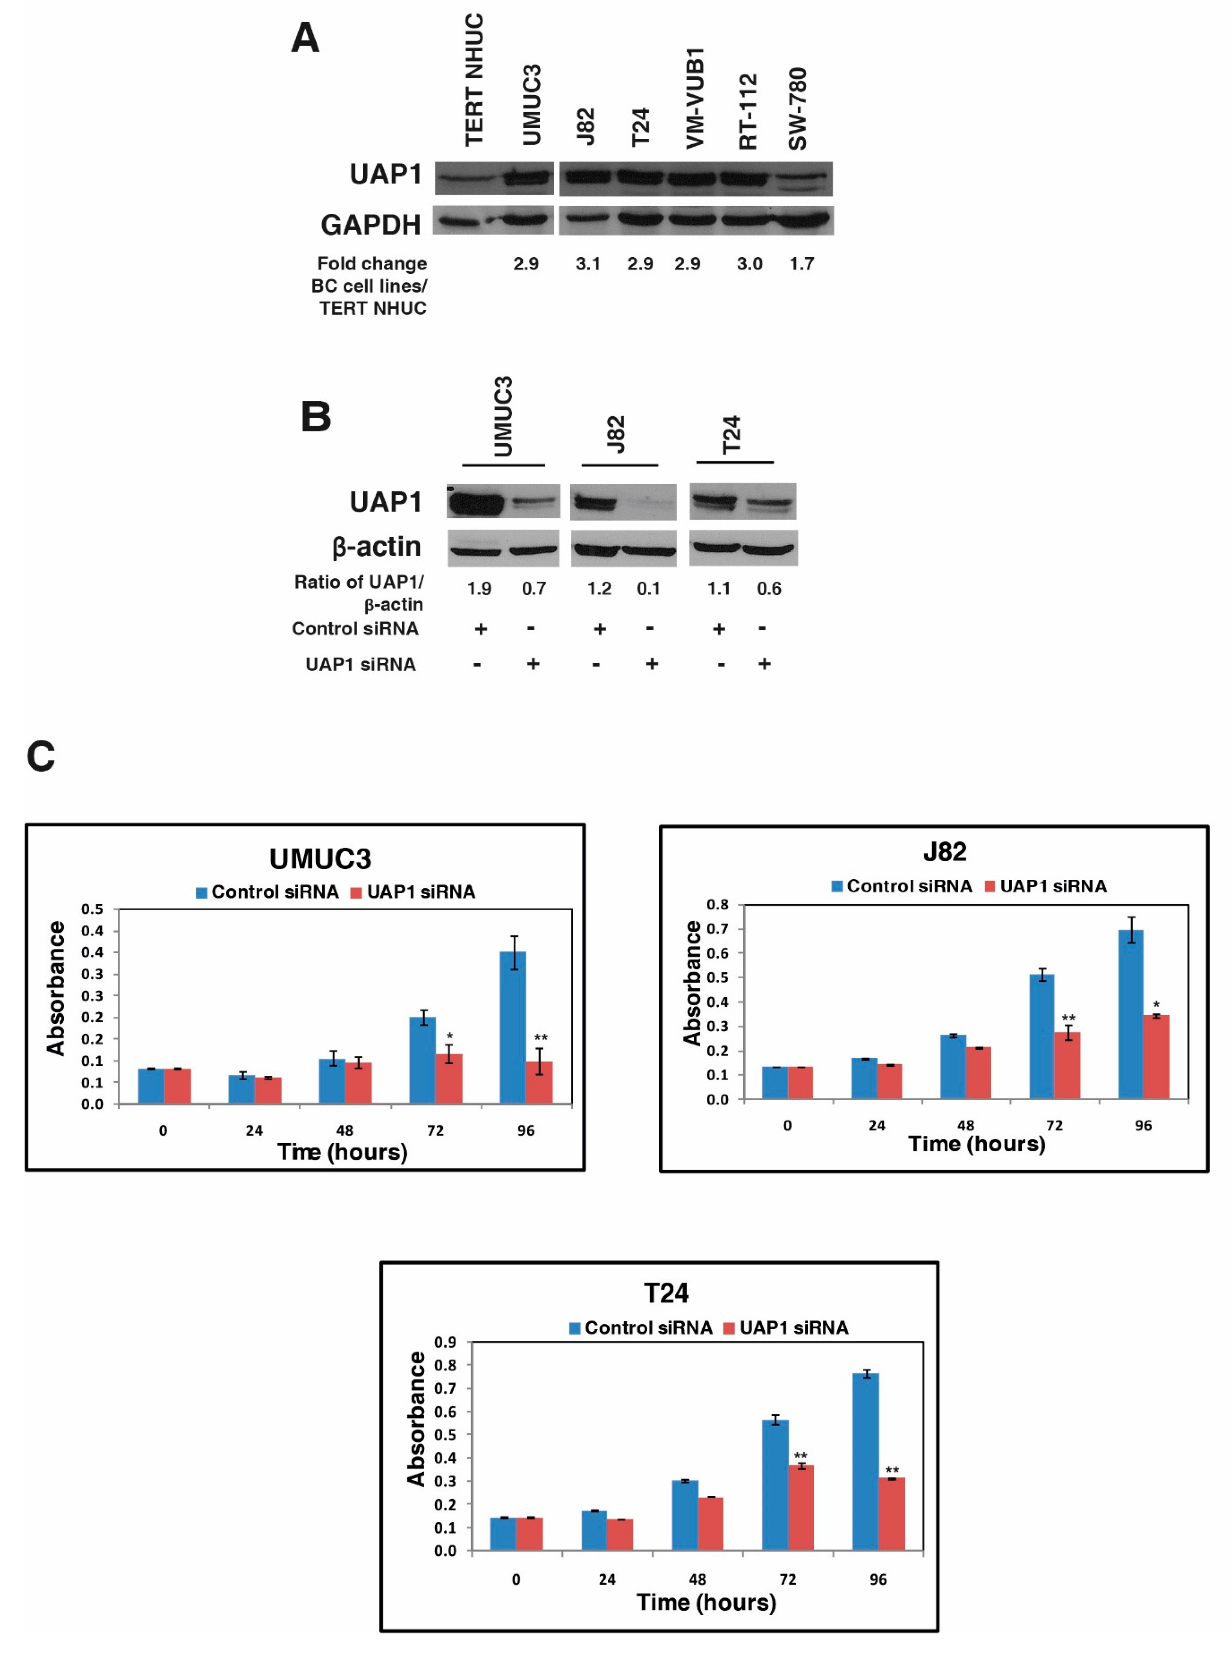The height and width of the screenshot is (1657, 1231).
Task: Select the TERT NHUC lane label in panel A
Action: [474, 80]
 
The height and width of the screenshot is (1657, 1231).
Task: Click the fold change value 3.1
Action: [588, 264]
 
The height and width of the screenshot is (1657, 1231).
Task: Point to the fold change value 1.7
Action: [802, 264]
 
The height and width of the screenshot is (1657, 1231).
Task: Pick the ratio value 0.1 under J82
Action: [648, 589]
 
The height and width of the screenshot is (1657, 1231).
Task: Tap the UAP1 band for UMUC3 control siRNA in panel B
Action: [475, 502]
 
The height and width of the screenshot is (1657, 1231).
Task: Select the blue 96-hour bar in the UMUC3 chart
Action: [513, 1027]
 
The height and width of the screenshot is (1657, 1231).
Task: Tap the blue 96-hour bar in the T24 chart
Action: [865, 1461]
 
